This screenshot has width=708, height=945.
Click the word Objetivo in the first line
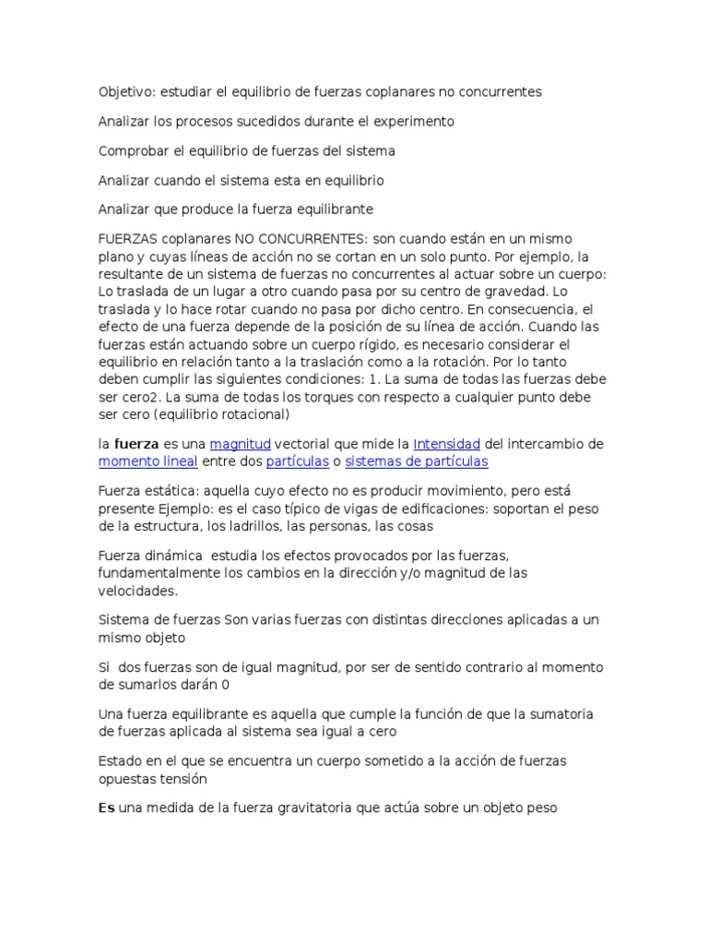pyautogui.click(x=125, y=92)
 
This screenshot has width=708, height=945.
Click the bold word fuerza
pyautogui.click(x=136, y=444)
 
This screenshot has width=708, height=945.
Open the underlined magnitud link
pyautogui.click(x=241, y=444)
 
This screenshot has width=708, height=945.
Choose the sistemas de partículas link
pyautogui.click(x=417, y=461)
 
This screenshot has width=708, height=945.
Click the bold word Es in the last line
pyautogui.click(x=107, y=808)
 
